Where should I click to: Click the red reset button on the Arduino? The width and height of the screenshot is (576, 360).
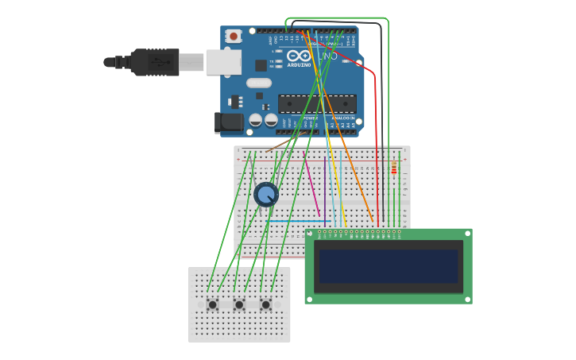click(233, 37)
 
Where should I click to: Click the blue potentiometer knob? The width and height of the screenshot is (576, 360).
click(265, 194)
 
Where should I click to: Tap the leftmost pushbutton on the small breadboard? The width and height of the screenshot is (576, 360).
click(212, 304)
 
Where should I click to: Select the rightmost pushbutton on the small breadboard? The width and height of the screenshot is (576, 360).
click(265, 304)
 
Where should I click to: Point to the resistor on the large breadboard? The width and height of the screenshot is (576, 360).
click(393, 168)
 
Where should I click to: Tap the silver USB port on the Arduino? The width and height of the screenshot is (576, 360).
click(222, 62)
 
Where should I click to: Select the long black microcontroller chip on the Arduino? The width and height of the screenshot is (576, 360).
click(317, 103)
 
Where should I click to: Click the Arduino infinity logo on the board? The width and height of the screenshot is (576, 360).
click(299, 56)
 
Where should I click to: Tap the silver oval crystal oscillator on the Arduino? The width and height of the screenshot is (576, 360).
click(259, 83)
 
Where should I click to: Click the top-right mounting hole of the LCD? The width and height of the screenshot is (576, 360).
click(467, 234)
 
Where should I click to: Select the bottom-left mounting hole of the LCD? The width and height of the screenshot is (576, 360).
click(310, 299)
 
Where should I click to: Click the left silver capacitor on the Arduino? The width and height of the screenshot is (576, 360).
click(255, 120)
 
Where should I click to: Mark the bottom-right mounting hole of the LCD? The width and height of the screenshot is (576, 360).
click(467, 299)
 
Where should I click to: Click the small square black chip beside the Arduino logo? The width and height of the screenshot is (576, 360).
click(261, 65)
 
